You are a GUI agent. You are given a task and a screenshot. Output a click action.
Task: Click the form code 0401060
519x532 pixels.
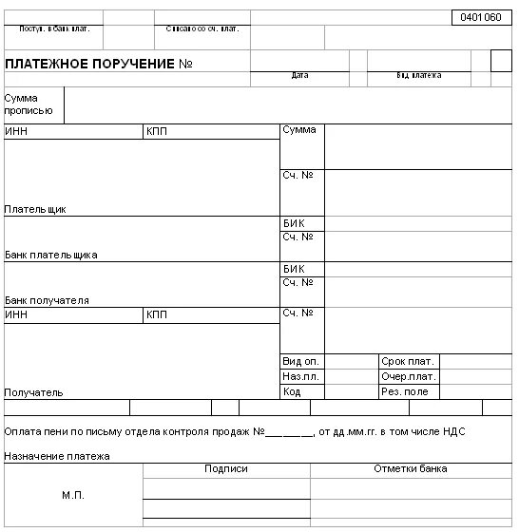pyautogui.click(x=479, y=17)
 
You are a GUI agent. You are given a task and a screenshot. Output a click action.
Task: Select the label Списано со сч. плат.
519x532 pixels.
pyautogui.click(x=202, y=28)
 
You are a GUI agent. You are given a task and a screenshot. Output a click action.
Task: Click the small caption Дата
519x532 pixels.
pyautogui.click(x=300, y=75)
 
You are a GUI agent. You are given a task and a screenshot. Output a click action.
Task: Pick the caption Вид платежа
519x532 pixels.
pyautogui.click(x=419, y=75)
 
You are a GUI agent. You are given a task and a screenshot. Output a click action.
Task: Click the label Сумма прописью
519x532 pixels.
pyautogui.click(x=22, y=104)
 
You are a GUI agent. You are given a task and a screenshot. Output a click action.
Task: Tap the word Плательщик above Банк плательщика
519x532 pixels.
pyautogui.click(x=35, y=209)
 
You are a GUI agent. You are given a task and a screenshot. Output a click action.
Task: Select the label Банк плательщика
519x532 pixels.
pyautogui.click(x=50, y=255)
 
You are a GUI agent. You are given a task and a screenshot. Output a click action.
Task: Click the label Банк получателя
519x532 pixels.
pyautogui.click(x=47, y=300)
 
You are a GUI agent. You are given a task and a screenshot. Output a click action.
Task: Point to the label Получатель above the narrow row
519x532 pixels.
pyautogui.click(x=33, y=391)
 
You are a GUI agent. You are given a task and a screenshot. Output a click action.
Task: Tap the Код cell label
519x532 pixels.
pyautogui.click(x=291, y=391)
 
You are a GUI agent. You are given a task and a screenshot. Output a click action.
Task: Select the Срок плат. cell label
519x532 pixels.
pyautogui.click(x=407, y=362)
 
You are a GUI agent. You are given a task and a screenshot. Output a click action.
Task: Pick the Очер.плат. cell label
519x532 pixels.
pyautogui.click(x=408, y=377)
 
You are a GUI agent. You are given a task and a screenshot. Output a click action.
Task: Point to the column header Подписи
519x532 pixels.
pyautogui.click(x=226, y=468)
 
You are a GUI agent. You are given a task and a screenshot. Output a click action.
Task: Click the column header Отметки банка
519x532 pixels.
pyautogui.click(x=411, y=468)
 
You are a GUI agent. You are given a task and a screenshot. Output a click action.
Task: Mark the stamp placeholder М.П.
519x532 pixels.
pyautogui.click(x=72, y=495)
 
